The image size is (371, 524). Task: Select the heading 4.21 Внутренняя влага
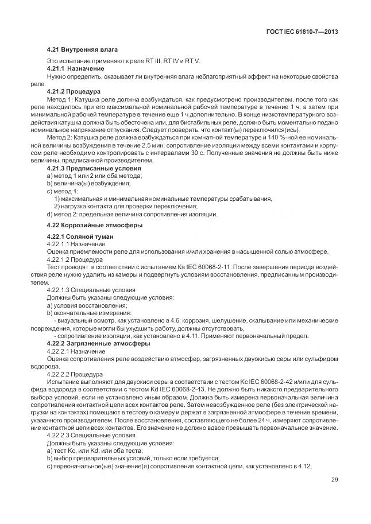(x=82, y=49)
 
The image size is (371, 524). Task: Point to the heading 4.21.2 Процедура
(x=74, y=91)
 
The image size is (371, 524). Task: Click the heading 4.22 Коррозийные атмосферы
(x=92, y=224)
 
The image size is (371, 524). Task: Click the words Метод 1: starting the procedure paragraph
(x=59, y=98)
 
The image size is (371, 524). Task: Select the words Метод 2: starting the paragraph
(x=59, y=139)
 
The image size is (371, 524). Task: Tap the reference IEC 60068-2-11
(x=203, y=266)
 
